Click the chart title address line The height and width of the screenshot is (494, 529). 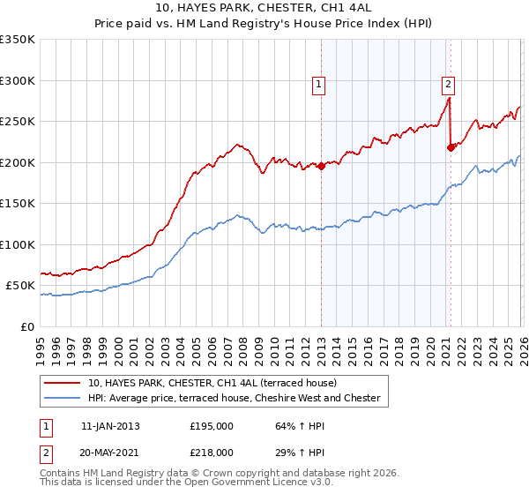pyautogui.click(x=264, y=8)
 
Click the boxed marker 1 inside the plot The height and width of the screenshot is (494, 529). pyautogui.click(x=318, y=85)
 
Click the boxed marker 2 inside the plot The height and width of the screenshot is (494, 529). pyautogui.click(x=448, y=85)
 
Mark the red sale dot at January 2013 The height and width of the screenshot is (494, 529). pyautogui.click(x=321, y=167)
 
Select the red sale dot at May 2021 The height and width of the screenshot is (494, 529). pyautogui.click(x=451, y=147)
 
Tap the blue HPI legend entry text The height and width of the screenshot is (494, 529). pyautogui.click(x=234, y=399)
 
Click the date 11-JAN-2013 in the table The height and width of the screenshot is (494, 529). pyautogui.click(x=110, y=425)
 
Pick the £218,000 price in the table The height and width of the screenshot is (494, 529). pyautogui.click(x=211, y=452)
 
